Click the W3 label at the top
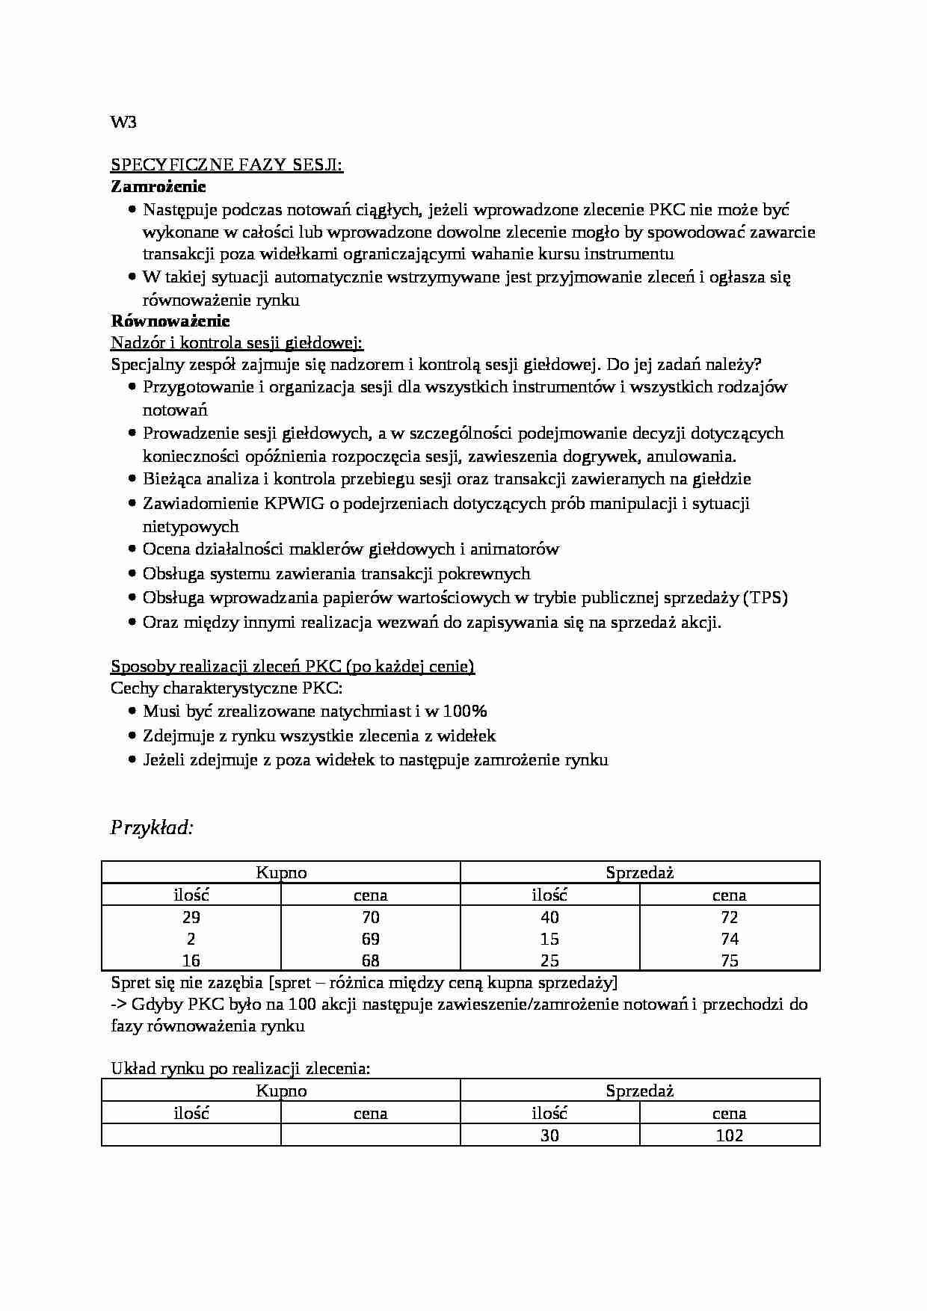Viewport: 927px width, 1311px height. coord(123,123)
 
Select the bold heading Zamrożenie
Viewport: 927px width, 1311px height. coord(158,186)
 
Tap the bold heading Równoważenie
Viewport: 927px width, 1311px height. coord(170,321)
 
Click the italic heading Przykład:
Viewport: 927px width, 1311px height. coord(153,827)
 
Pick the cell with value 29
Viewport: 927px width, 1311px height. coord(191,917)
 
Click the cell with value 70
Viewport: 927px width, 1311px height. coord(371,917)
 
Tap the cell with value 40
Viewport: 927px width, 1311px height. coord(549,917)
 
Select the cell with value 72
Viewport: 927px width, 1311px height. coord(730,917)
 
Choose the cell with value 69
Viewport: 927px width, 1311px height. coord(371,939)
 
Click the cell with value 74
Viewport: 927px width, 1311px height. coord(730,939)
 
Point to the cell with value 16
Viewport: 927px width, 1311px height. coord(191,960)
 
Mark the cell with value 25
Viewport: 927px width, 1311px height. coord(549,960)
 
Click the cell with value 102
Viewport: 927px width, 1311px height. coord(730,1135)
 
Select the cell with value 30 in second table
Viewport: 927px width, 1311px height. coord(549,1135)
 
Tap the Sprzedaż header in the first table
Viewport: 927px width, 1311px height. coord(640,872)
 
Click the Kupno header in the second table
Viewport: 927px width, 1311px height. coord(281,1091)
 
